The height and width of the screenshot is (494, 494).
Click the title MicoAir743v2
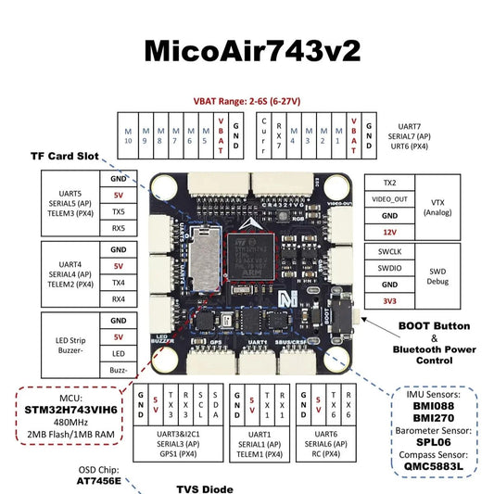click(x=247, y=50)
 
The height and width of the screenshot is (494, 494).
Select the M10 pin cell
click(x=129, y=137)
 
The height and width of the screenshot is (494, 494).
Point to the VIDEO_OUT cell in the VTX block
click(x=389, y=198)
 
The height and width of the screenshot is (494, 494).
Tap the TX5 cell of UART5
click(x=118, y=210)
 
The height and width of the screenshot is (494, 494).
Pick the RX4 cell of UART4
click(x=118, y=299)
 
